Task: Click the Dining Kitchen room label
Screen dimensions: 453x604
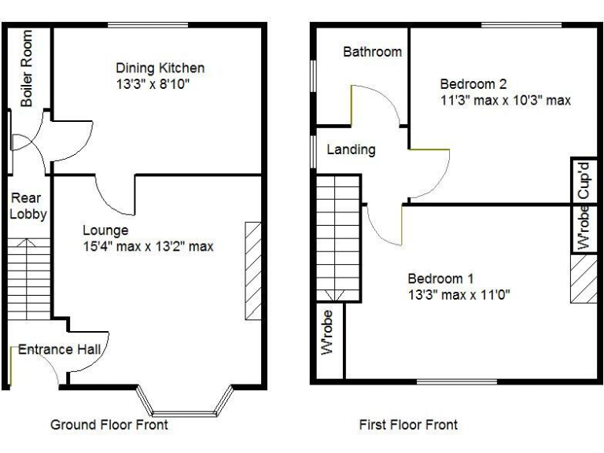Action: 160,68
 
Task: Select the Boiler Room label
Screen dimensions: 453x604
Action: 28,68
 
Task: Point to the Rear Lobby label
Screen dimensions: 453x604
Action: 28,206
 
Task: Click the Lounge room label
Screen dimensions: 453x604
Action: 105,230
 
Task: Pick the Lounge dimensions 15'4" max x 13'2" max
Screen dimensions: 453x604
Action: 148,246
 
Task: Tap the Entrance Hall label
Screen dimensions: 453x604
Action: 57,350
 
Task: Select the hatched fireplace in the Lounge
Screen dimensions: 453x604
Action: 252,271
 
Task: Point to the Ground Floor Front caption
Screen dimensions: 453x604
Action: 109,425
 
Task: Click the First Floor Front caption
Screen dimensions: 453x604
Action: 408,425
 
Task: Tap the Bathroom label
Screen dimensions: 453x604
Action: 372,52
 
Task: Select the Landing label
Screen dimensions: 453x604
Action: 351,149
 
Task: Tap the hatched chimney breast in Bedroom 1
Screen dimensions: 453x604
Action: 584,278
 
